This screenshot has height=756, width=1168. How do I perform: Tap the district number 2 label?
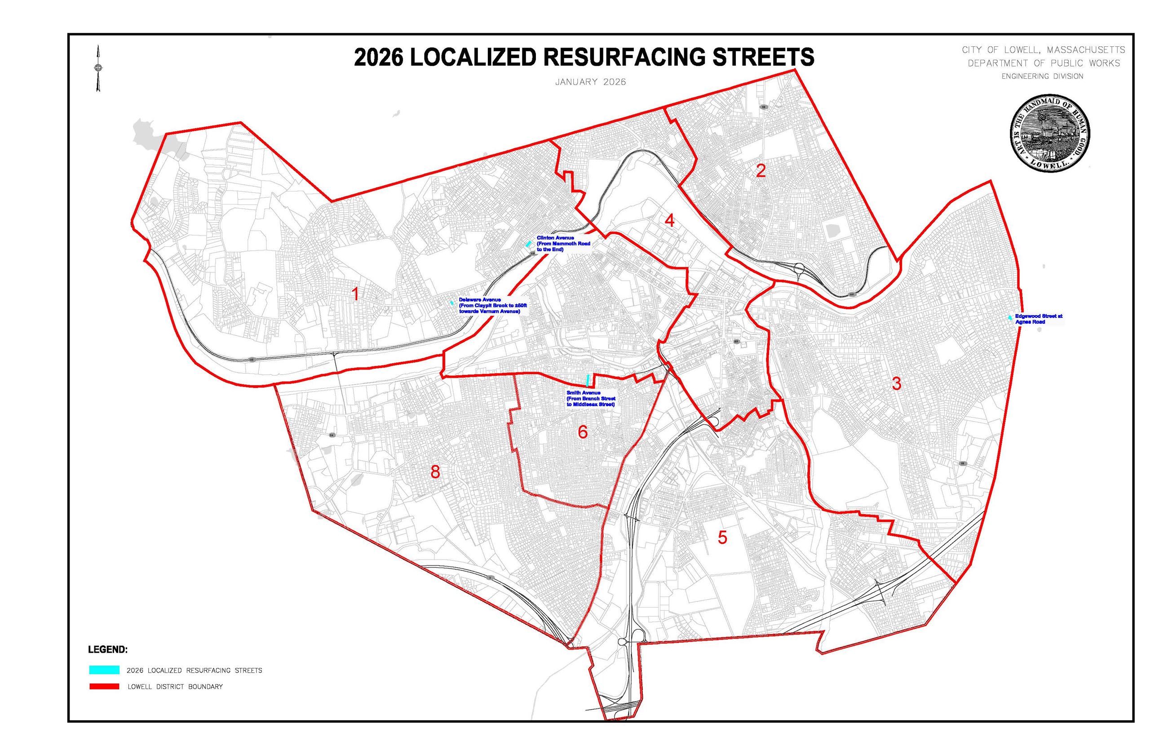pos(761,171)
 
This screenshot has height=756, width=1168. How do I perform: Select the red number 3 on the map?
pos(896,383)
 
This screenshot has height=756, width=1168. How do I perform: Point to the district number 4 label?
pos(669,221)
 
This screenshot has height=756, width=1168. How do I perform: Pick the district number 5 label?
pos(722,538)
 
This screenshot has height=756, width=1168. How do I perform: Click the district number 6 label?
pos(582,432)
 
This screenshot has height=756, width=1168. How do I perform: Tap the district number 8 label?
pos(434,472)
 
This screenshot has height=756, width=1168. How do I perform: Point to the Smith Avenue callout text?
pos(590,399)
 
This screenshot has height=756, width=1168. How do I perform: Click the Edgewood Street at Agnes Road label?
pos(1038,319)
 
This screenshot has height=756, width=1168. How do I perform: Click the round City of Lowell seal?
pos(1050,133)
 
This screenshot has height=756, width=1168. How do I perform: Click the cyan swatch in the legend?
pos(104,670)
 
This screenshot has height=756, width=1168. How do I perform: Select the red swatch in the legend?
pos(104,686)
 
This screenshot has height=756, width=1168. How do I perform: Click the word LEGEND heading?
pos(107,649)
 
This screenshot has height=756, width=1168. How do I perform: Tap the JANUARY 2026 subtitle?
pos(590,82)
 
